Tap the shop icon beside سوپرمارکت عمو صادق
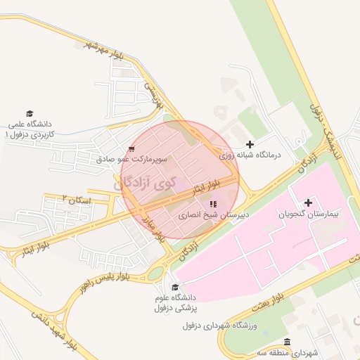point(131,149)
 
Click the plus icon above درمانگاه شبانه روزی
point(250,144)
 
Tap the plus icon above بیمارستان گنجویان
point(309,202)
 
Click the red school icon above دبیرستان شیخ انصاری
point(213,204)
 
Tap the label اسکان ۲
point(77,200)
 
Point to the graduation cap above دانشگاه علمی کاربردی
point(30,113)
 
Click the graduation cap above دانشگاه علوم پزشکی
point(175,287)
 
